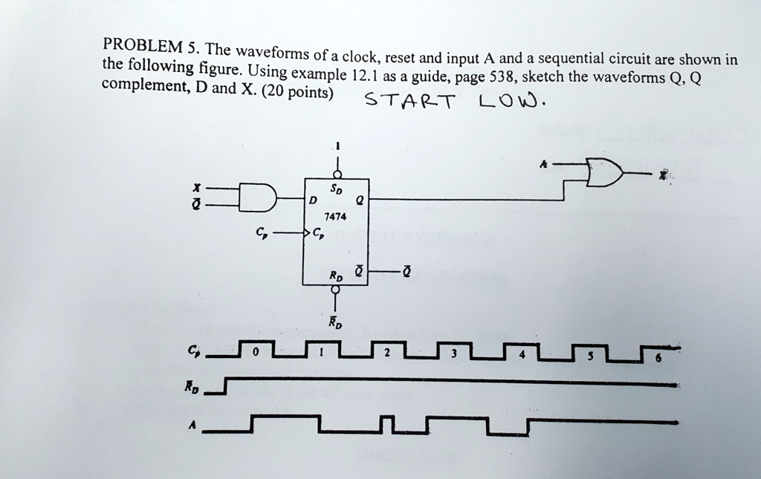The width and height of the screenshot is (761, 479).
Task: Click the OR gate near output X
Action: pos(604,174)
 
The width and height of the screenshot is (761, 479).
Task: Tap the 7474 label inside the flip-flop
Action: pos(335,217)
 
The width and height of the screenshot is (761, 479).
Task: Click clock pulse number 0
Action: pos(254,353)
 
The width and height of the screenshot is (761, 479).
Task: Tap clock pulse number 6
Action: pos(655,356)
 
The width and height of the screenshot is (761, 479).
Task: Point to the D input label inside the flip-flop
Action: pos(314,201)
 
